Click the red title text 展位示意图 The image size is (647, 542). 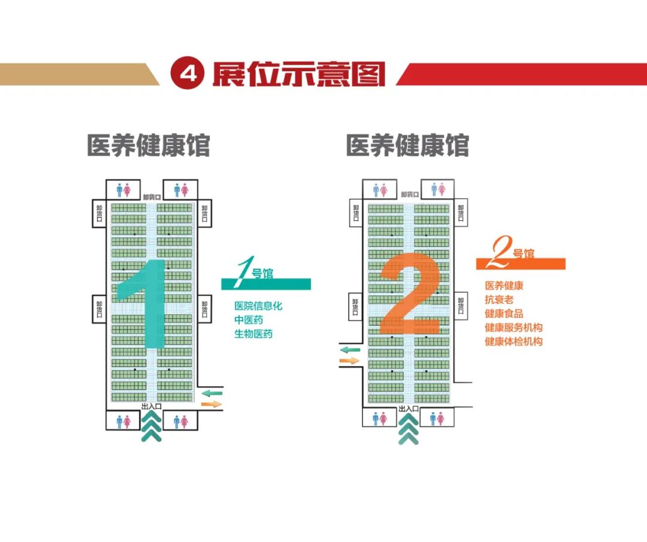pyautogui.click(x=298, y=74)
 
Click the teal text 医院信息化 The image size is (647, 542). pyautogui.click(x=258, y=306)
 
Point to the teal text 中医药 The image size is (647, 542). pyautogui.click(x=249, y=320)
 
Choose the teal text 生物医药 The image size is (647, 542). pyautogui.click(x=253, y=334)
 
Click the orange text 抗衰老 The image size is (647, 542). pyautogui.click(x=499, y=299)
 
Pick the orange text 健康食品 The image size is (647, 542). pyautogui.click(x=504, y=313)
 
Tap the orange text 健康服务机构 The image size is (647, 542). pyautogui.click(x=513, y=328)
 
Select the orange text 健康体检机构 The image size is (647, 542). pyautogui.click(x=513, y=342)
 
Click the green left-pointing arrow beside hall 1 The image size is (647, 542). pyautogui.click(x=211, y=393)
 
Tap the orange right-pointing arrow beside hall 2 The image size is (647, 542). pyautogui.click(x=349, y=361)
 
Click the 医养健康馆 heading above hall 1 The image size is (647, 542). pyautogui.click(x=149, y=146)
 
